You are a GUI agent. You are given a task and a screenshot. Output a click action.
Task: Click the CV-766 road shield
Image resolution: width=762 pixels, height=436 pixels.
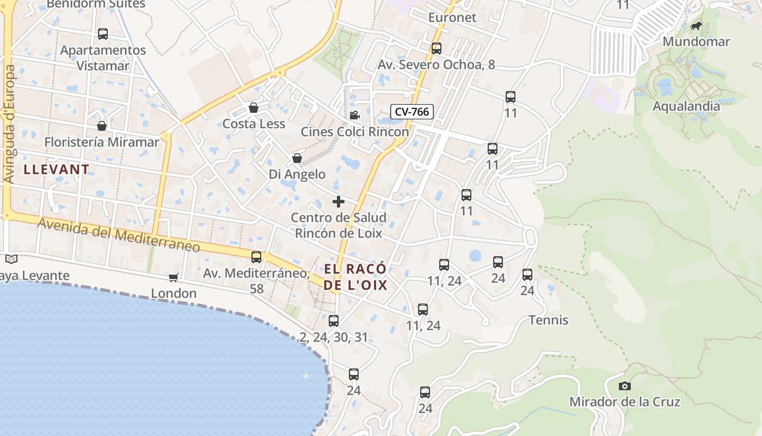(x=412, y=112)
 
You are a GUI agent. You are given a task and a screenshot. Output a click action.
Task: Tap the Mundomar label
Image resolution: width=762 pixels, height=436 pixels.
(x=696, y=41)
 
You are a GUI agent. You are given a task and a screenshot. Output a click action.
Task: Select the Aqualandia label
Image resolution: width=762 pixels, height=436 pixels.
(x=686, y=106)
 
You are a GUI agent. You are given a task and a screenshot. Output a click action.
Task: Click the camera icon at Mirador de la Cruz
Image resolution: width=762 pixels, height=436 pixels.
(x=624, y=386)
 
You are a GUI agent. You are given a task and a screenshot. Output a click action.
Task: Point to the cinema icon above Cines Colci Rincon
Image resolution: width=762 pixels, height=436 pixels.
(x=354, y=115)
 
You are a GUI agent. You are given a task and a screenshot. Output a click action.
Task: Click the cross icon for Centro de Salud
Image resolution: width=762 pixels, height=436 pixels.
(x=339, y=202)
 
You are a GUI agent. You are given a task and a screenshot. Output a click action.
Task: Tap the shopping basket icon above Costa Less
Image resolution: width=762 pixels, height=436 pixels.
(x=253, y=107)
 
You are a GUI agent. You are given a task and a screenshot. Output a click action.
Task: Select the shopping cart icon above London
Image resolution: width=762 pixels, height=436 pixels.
(x=174, y=277)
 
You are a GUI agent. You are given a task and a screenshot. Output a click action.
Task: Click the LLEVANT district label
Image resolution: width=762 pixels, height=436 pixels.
(x=57, y=169)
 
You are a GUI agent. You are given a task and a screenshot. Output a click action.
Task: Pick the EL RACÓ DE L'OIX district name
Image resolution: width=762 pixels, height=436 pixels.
(x=355, y=277)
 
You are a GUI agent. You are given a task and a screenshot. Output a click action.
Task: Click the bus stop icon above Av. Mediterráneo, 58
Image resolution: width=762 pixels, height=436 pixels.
(x=256, y=257)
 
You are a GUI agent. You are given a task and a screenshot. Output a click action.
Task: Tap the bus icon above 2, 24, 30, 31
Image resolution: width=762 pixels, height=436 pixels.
(x=334, y=321)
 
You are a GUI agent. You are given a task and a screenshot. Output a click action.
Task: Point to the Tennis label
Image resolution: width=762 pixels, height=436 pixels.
(x=549, y=320)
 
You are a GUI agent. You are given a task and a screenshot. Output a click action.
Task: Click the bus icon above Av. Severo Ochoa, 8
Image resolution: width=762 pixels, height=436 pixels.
(x=436, y=48)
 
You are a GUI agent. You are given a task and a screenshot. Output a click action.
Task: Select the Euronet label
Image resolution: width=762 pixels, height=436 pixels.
(x=452, y=17)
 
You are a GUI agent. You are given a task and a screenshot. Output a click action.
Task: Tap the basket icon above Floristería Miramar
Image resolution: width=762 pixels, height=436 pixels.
(x=102, y=126)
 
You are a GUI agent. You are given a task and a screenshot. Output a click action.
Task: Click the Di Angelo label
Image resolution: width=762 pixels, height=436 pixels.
(x=297, y=174)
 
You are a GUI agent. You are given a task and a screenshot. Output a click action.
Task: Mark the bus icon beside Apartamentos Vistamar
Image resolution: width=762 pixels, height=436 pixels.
(x=103, y=34)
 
